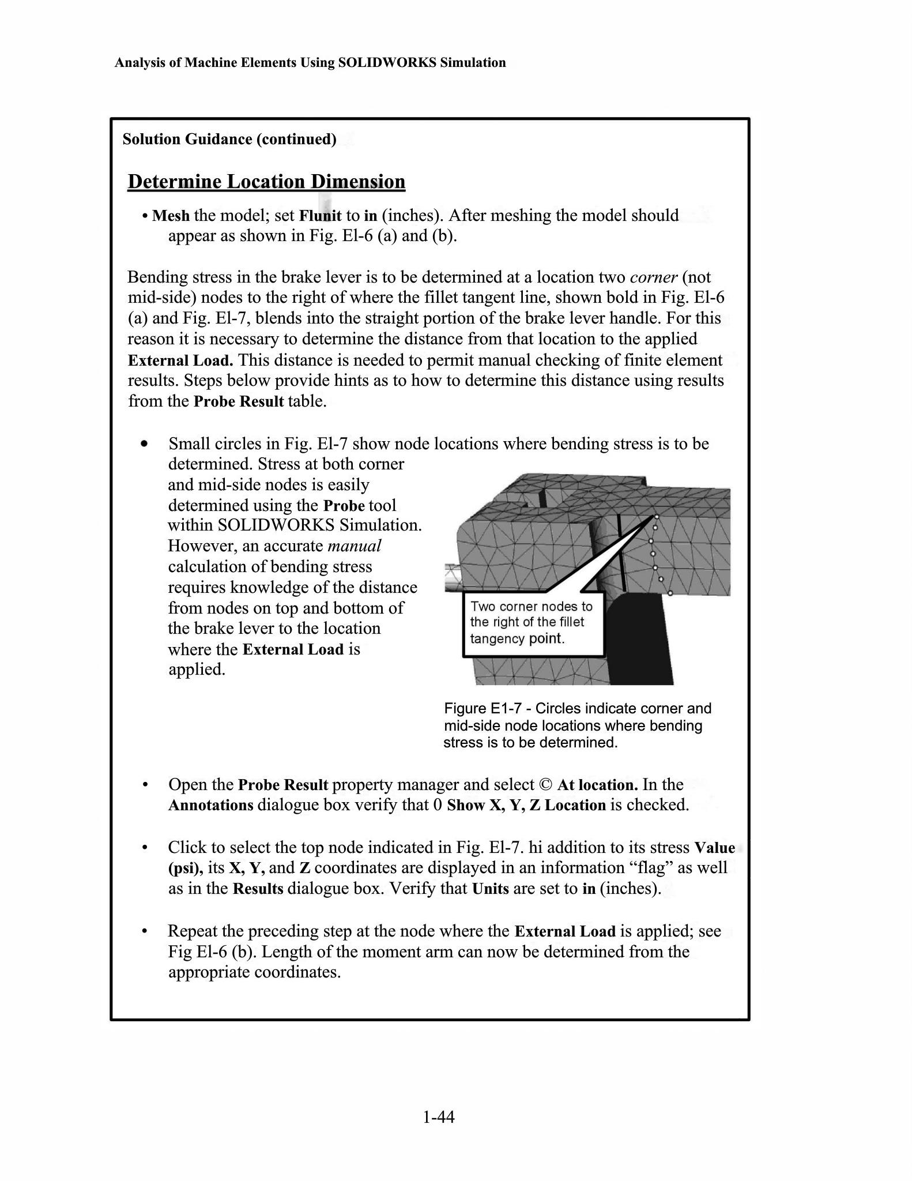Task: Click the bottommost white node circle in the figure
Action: [670, 592]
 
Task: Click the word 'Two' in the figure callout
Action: [483, 606]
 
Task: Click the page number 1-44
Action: [438, 1118]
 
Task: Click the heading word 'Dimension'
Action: [358, 182]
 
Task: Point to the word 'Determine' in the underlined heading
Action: [174, 182]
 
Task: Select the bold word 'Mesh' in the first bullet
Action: [171, 216]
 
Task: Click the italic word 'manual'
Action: [354, 546]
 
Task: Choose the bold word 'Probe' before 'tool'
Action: [344, 506]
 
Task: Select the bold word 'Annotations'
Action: [210, 805]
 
